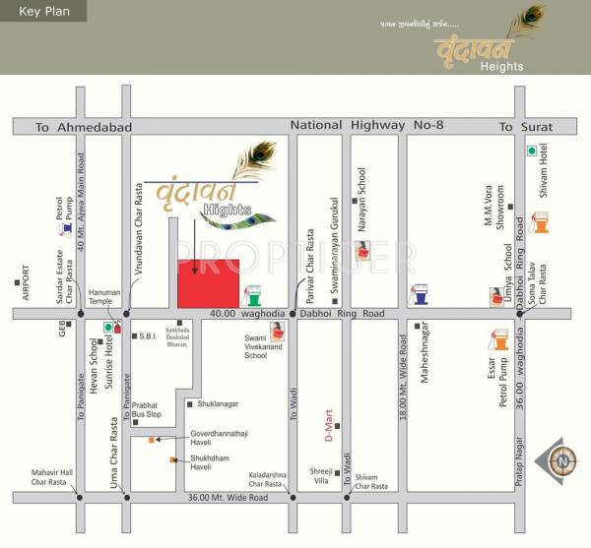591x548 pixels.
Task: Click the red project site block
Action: [209, 283]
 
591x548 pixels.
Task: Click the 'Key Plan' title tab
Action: [42, 11]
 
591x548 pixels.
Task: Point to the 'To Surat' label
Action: [525, 127]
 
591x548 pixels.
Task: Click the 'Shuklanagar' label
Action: [219, 403]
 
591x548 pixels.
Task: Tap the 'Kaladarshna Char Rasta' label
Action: [268, 479]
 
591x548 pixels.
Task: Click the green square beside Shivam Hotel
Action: [531, 151]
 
